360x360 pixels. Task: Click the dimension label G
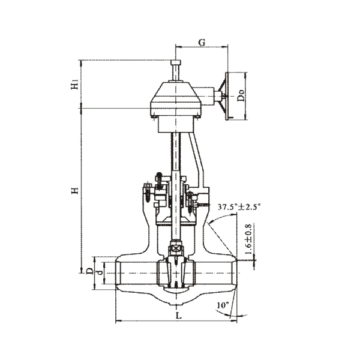[x=202, y=43]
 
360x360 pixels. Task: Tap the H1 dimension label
[x=75, y=85]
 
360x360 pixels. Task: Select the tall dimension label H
[x=75, y=191]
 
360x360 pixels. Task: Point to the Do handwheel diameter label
[x=241, y=95]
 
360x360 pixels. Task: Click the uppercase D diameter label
[x=90, y=271]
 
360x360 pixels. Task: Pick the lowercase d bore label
[x=99, y=273]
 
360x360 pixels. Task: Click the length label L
[x=179, y=316]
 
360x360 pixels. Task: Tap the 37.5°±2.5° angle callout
[x=239, y=207]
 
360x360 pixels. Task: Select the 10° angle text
[x=223, y=305]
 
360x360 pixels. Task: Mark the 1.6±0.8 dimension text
[x=248, y=239]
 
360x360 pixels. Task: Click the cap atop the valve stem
[x=176, y=62]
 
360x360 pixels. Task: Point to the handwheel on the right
[x=227, y=96]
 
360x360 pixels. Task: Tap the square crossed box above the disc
[x=176, y=249]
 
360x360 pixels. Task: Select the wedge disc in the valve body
[x=176, y=272]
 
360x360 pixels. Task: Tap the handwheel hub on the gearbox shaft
[x=217, y=95]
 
